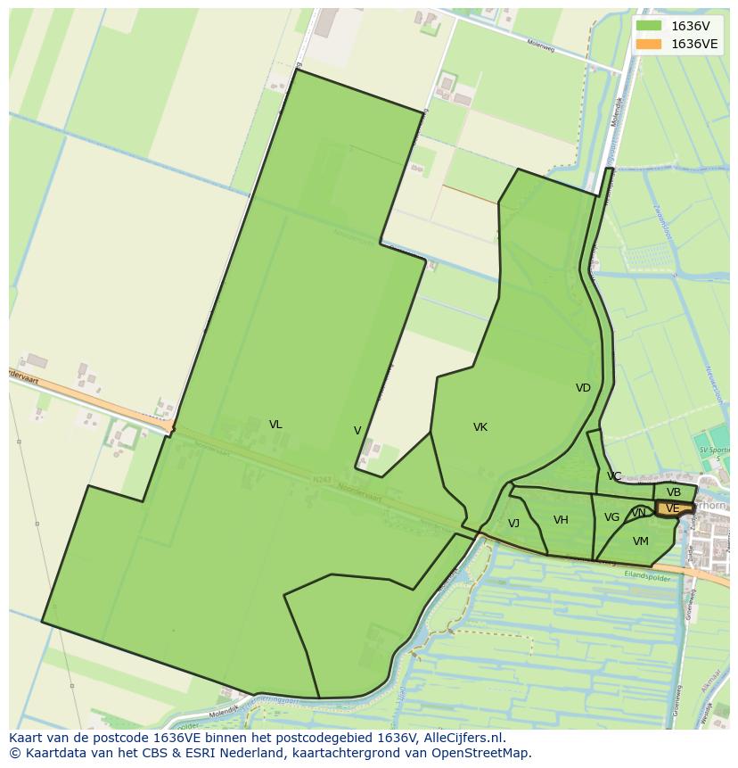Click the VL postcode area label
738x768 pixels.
(x=275, y=425)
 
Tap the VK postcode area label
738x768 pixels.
(x=480, y=427)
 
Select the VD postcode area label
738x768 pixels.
(x=583, y=388)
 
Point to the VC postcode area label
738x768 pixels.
(x=614, y=476)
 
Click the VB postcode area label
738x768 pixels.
(x=674, y=492)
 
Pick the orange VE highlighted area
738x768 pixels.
(x=673, y=508)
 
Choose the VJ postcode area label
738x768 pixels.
(x=513, y=524)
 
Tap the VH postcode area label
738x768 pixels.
(x=561, y=520)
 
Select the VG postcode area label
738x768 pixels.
(x=611, y=517)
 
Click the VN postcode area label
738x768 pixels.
(x=638, y=513)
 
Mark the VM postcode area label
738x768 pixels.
(x=641, y=541)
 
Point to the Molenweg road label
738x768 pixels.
(x=540, y=45)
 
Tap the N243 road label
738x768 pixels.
(x=322, y=480)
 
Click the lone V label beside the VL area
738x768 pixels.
(x=357, y=431)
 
